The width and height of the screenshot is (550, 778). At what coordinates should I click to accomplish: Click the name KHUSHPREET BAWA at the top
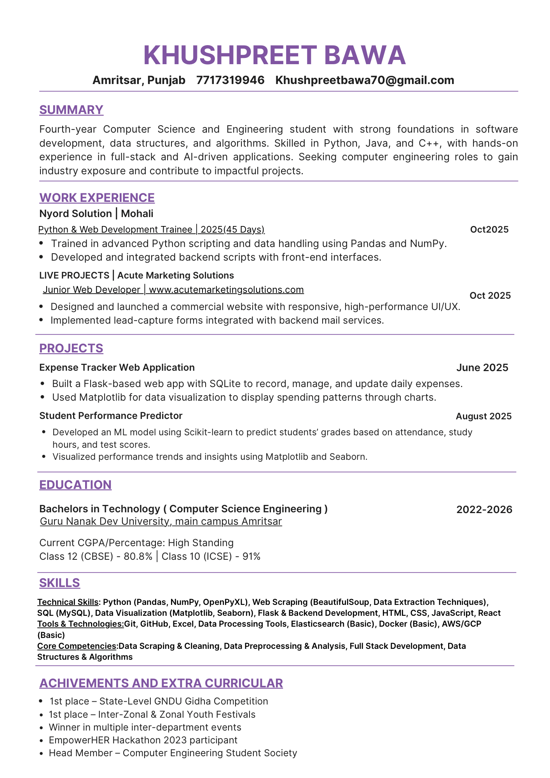coord(274,55)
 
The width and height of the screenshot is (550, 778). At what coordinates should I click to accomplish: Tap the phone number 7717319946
coord(230,80)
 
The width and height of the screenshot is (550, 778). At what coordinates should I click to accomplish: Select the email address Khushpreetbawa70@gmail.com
coord(365,80)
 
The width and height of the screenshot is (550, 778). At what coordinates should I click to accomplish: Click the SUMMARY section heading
coord(71,110)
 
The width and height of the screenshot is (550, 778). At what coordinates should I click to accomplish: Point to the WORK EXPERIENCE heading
coord(97,198)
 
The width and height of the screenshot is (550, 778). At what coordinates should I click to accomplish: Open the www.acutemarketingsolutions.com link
coord(226,290)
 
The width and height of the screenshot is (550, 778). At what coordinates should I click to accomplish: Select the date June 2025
coord(482,368)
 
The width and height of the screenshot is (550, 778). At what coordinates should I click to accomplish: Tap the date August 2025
coord(484,416)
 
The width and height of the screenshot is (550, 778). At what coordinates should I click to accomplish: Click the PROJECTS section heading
coord(71,348)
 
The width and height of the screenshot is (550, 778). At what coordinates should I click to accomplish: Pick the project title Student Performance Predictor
coord(111,416)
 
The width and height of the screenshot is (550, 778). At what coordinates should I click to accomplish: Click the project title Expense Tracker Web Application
coord(117,368)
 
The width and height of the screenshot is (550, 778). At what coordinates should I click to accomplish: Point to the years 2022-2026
coord(484,510)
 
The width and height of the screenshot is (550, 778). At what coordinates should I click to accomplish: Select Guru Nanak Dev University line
coord(161,521)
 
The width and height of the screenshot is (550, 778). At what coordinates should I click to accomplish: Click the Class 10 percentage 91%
coord(251,557)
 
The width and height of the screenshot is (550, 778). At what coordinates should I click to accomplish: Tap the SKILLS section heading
coord(59,583)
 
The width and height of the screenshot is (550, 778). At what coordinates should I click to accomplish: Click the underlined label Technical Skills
coord(68,602)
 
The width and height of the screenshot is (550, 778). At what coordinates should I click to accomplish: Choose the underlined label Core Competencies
coord(77,646)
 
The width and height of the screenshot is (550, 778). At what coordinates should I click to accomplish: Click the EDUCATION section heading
coord(75,485)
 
